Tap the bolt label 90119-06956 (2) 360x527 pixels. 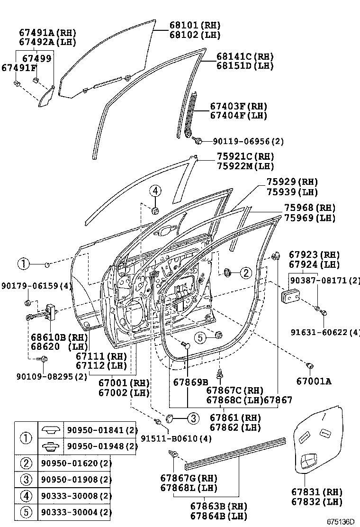(x=248, y=142)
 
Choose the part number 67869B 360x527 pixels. (x=190, y=382)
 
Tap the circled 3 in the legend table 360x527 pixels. (x=26, y=479)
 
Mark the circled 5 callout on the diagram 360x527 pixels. (x=200, y=337)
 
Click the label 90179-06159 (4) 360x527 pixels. (x=36, y=286)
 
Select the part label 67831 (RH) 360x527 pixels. (x=315, y=492)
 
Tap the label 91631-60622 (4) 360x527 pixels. (x=325, y=332)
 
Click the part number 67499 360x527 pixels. (x=37, y=58)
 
